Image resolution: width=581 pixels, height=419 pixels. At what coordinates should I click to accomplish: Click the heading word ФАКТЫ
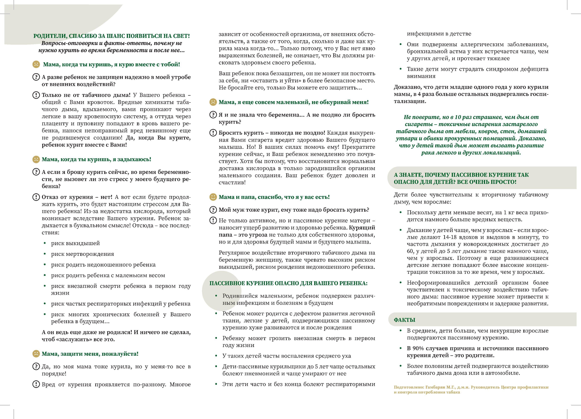coord(404,320)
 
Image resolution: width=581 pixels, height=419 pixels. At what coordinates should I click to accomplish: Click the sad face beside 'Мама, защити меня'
coord(36,354)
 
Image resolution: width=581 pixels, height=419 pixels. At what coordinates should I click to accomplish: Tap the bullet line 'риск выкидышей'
coord(75,243)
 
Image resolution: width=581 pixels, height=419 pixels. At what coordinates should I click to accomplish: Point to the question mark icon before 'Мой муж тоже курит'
coord(213,210)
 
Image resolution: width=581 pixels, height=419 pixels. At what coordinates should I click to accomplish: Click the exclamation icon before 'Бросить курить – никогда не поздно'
coord(213,133)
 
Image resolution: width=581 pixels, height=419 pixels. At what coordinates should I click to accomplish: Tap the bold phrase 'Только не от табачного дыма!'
coord(86,95)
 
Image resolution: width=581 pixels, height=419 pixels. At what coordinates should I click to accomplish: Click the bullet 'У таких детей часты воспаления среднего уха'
coord(286,356)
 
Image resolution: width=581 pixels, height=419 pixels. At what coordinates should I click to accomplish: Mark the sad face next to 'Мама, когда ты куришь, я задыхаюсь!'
coord(36,159)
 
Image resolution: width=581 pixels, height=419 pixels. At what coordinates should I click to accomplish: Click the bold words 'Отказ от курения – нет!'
coord(77,197)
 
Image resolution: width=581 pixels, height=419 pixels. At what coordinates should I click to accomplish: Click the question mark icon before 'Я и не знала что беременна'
coord(213,115)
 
